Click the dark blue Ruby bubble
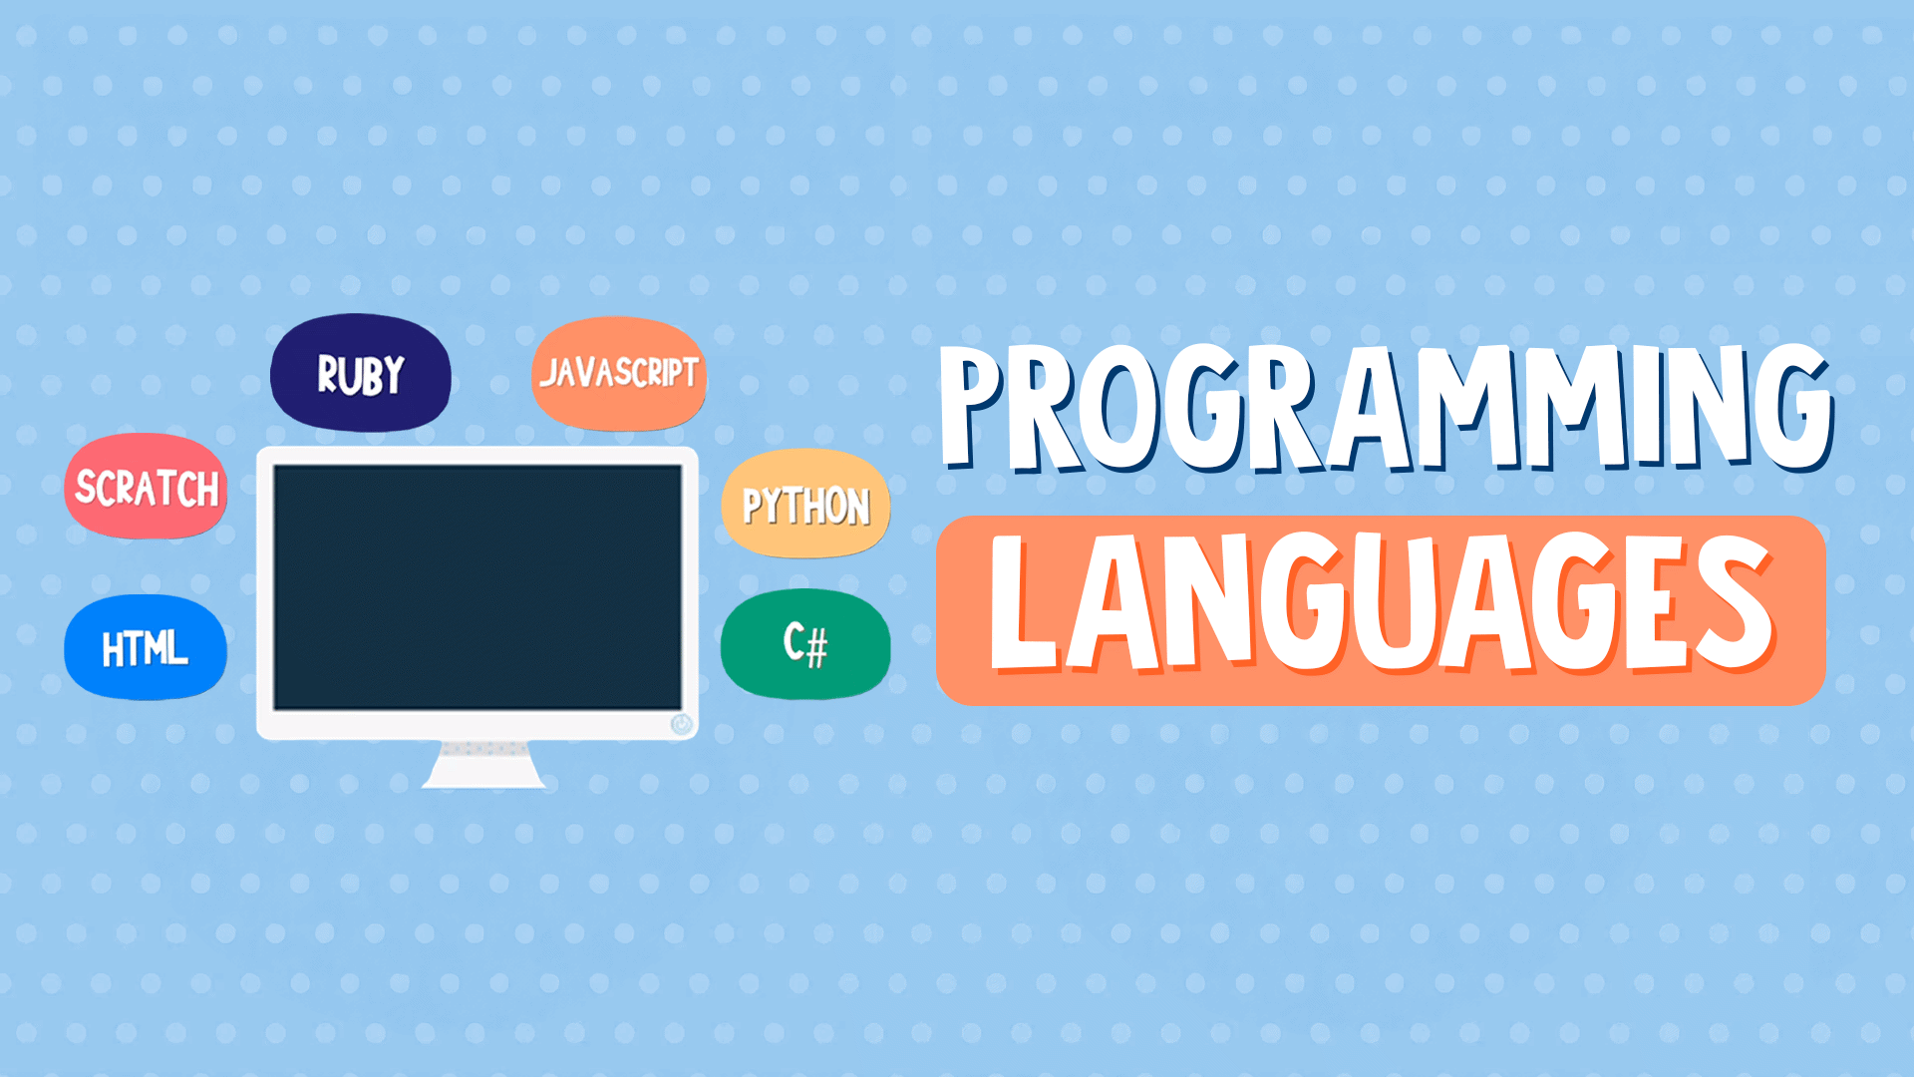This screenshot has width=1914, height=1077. pos(360,373)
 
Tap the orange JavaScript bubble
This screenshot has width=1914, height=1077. pos(619,374)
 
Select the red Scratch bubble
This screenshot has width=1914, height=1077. pos(146,487)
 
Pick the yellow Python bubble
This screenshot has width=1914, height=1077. pos(805,505)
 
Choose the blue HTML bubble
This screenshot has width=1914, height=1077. pos(146,648)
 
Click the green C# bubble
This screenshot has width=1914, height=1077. pos(805,644)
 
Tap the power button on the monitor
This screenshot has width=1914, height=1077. pos(682,724)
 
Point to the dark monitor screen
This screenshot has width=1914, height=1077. pos(478,587)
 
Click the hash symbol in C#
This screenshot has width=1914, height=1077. pos(816,648)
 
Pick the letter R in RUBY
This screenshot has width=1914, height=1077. pos(330,375)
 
